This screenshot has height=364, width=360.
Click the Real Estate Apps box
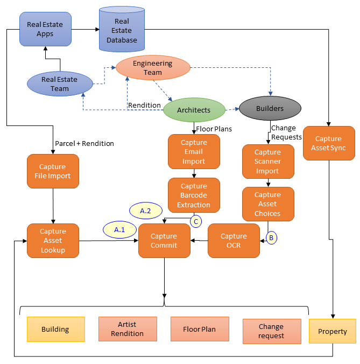tap(45, 29)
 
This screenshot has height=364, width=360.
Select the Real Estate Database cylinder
tap(122, 30)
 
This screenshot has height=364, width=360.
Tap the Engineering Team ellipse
tap(153, 68)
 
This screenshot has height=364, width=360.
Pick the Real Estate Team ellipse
tap(60, 84)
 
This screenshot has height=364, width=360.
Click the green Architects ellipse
tap(194, 110)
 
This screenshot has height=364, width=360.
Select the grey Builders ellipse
tap(270, 109)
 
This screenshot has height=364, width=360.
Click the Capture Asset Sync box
tap(329, 143)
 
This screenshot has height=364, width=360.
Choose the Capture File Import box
tap(53, 171)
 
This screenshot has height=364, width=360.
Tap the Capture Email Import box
tap(194, 152)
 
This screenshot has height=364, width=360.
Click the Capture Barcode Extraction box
tap(194, 195)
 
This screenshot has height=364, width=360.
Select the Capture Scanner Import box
tap(267, 162)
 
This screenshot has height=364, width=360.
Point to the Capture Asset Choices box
tap(267, 204)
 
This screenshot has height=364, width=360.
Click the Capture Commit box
tap(164, 241)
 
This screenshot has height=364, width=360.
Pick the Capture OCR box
tap(234, 241)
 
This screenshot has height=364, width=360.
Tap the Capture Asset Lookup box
tap(53, 241)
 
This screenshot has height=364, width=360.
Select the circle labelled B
tap(271, 237)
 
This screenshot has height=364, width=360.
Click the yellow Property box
tap(333, 331)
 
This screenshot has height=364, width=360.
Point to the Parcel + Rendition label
tap(84, 143)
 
